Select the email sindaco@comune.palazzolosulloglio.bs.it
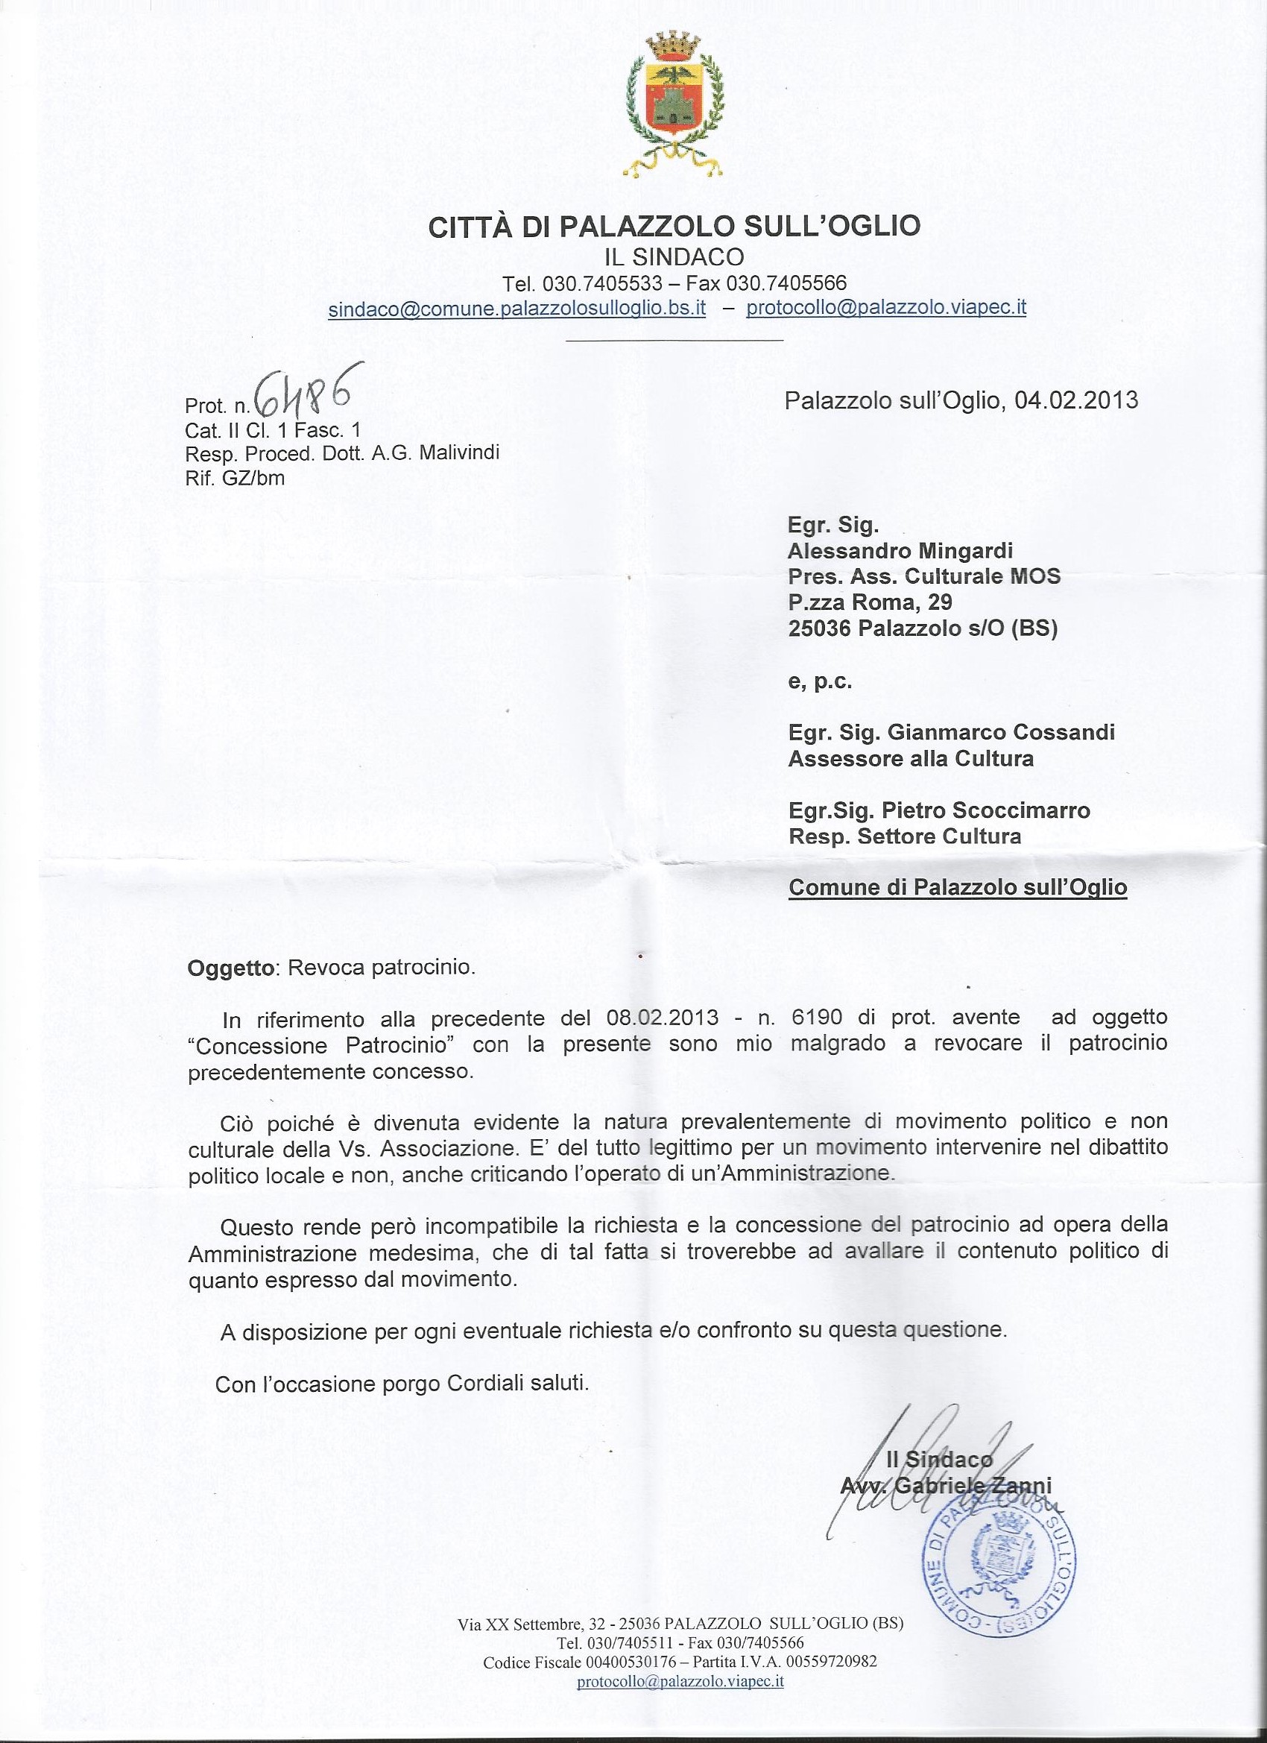pyautogui.click(x=516, y=309)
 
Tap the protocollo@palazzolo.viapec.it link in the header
pyautogui.click(x=886, y=307)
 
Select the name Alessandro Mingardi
pyautogui.click(x=900, y=550)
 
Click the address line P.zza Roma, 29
pyautogui.click(x=870, y=602)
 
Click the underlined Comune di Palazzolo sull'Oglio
pyautogui.click(x=958, y=888)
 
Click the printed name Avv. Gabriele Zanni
pyautogui.click(x=946, y=1484)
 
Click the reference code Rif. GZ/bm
pyautogui.click(x=234, y=478)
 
